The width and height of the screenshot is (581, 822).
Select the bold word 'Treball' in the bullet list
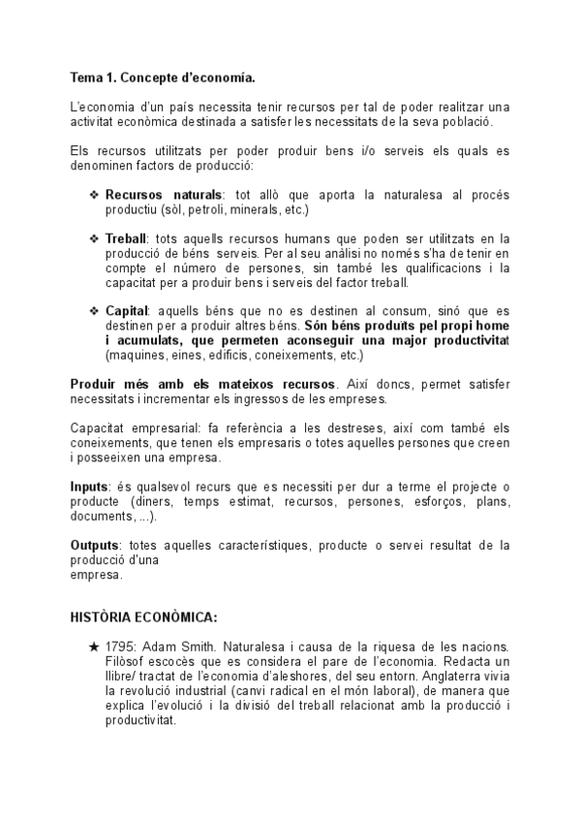(125, 238)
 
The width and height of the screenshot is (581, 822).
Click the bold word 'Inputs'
(90, 485)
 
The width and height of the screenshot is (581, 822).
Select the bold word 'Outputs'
(95, 545)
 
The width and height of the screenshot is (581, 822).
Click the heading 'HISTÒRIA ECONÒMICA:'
(143, 616)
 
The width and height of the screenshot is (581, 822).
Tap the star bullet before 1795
(93, 646)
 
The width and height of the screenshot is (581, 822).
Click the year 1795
(120, 646)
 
